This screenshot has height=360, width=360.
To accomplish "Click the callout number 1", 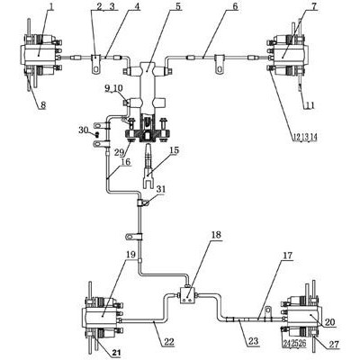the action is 51,6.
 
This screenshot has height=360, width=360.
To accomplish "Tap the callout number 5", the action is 178,6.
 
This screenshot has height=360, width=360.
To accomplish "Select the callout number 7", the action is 314,6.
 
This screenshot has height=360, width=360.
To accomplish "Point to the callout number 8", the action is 43,105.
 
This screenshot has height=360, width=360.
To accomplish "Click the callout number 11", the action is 310,105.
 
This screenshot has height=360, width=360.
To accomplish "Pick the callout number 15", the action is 175,150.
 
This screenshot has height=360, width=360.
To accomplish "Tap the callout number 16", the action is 126,162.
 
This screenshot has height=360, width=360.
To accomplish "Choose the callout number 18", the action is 216,235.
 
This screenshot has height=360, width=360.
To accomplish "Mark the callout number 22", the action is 168,341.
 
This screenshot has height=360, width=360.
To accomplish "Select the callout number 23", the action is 253,341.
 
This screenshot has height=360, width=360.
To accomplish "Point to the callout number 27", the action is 333,345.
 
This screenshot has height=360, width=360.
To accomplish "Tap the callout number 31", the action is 160,189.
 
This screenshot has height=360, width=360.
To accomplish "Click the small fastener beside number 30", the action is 97,134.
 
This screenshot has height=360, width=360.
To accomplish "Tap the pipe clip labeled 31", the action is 141,202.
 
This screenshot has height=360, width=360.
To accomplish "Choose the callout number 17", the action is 287,256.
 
